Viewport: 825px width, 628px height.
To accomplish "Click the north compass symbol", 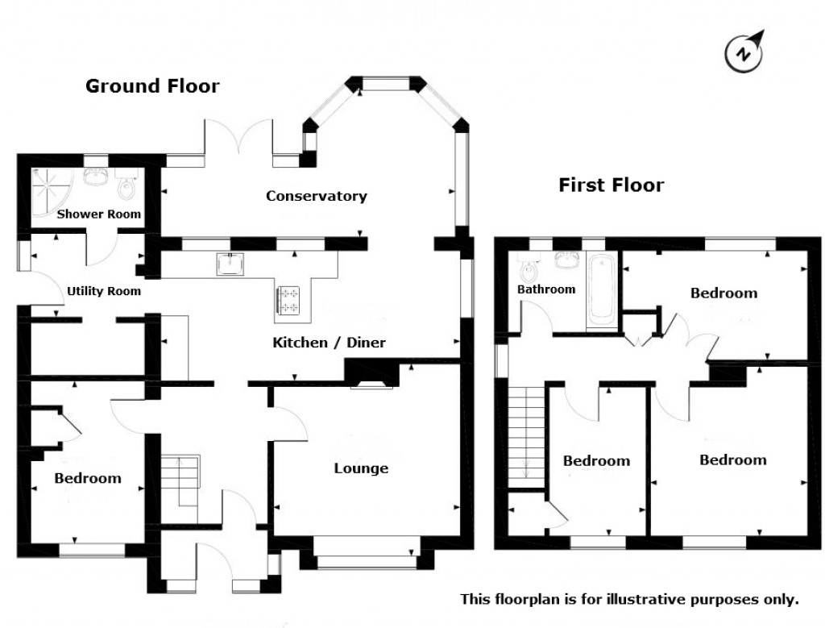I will tap(745, 52).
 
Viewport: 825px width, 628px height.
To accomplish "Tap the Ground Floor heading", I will tap(152, 86).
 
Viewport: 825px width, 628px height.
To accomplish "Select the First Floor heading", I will tap(611, 185).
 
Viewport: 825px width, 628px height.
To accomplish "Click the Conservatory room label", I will tap(317, 196).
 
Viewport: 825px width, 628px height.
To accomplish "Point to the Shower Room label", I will tap(99, 214).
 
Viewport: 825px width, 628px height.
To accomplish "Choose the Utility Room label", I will tap(104, 291).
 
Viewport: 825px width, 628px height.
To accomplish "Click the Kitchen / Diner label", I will tap(329, 343).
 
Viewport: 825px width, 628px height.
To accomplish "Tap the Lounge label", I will tap(361, 468).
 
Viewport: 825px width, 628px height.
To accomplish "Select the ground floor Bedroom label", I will tap(88, 478).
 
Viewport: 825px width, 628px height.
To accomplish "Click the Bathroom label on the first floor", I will tap(546, 289).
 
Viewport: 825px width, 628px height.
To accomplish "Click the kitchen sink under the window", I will tap(232, 264).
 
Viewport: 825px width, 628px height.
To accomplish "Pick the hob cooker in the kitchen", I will tap(289, 301).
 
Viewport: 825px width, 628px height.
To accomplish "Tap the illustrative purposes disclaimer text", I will tap(629, 599).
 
